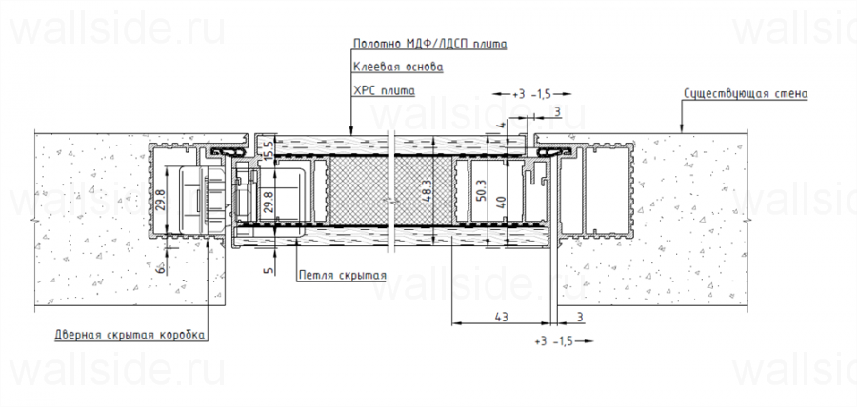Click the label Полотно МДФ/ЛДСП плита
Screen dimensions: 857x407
point(430,44)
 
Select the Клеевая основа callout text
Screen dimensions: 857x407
point(398,68)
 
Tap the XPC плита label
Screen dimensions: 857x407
point(384,90)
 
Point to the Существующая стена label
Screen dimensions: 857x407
point(746,93)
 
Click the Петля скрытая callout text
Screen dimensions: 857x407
point(342,275)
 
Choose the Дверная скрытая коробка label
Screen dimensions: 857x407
point(130,335)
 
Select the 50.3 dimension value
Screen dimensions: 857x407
point(481,189)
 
